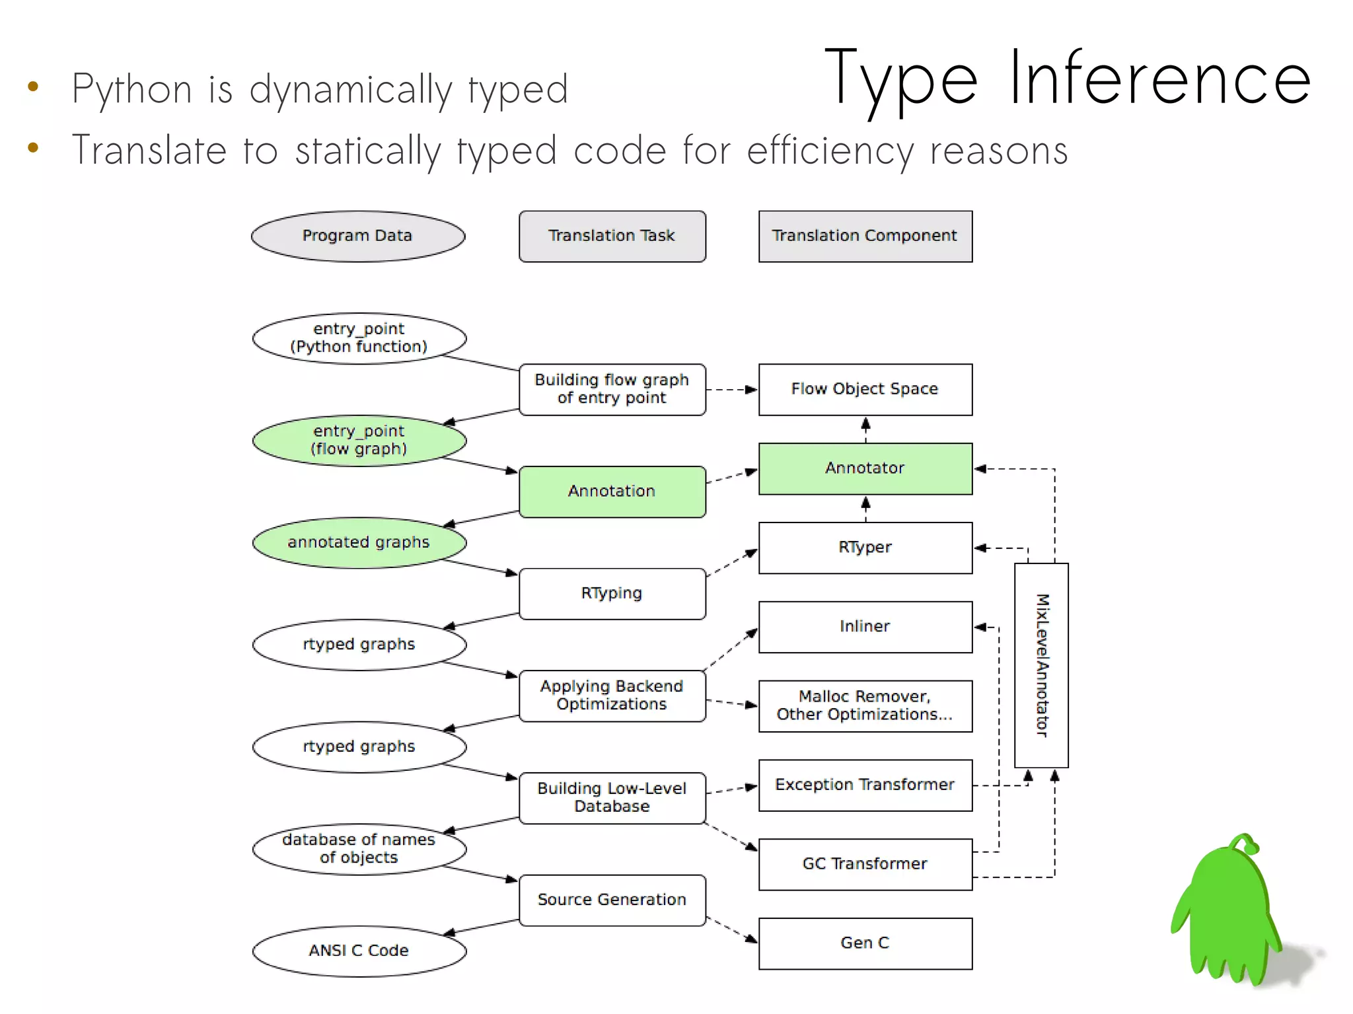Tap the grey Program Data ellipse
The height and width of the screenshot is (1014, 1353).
tap(357, 236)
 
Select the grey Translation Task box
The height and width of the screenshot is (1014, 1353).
tap(612, 236)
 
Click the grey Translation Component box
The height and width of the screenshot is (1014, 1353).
tap(865, 236)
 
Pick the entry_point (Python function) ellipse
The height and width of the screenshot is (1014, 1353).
tap(359, 338)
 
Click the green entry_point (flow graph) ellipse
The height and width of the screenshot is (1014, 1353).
tap(359, 440)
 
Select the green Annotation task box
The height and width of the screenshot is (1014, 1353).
tap(612, 491)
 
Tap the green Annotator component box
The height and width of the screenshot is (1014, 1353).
tap(865, 468)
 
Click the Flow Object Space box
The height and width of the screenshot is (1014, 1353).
tap(865, 389)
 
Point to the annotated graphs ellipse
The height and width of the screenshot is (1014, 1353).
tap(359, 542)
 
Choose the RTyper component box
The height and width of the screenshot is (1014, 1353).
tap(865, 548)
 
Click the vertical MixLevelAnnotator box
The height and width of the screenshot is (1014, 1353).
tap(1041, 665)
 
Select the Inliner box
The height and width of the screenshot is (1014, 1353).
tap(865, 626)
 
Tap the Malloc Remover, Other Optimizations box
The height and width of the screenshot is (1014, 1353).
tap(865, 706)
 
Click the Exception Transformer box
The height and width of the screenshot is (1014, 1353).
tap(865, 785)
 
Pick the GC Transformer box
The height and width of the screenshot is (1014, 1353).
tap(865, 864)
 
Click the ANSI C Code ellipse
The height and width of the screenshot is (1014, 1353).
tap(359, 951)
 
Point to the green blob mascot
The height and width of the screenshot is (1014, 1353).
tap(1225, 912)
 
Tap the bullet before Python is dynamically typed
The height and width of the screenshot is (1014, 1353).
tap(33, 87)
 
